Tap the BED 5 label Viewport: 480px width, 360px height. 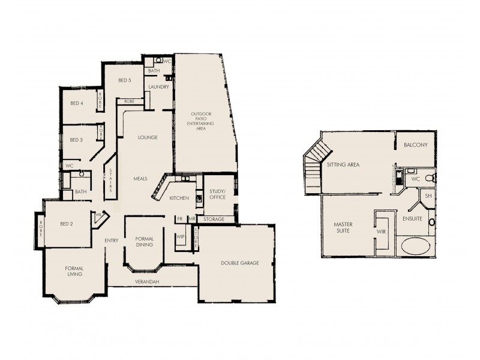point(124,80)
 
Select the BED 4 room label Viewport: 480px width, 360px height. point(76,103)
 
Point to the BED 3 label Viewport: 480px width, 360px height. point(76,140)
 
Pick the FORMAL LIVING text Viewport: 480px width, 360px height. point(74,271)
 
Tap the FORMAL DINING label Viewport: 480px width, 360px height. point(145,241)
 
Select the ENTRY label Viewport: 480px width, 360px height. point(112,241)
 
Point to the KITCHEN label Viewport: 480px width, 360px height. point(179,198)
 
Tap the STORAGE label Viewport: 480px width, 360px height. point(214,220)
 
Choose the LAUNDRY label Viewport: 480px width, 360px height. point(158,87)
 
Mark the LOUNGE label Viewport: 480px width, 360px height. point(148,137)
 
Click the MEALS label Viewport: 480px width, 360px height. point(140,178)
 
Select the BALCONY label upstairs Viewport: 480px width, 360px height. point(415,145)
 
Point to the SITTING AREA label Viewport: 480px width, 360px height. point(343,164)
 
